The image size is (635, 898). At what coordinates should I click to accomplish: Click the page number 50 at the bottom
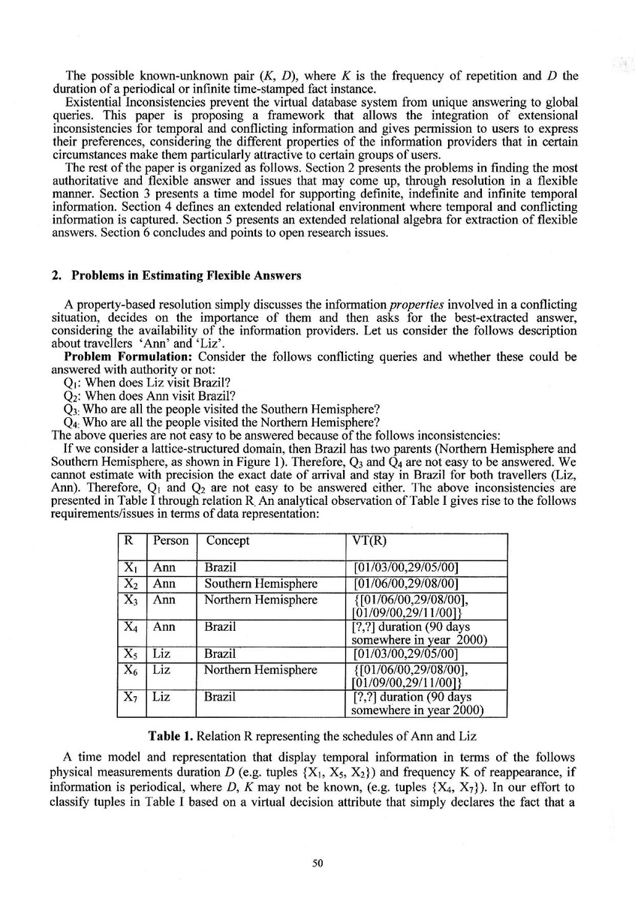[x=317, y=863]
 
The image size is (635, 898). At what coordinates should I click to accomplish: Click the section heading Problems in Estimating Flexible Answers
[x=186, y=275]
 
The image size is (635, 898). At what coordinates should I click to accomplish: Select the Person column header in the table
[x=170, y=541]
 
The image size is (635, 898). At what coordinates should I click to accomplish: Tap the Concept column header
[x=227, y=541]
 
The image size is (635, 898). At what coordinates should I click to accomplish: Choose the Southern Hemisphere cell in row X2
[x=261, y=583]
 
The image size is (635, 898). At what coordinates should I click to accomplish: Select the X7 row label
[x=131, y=697]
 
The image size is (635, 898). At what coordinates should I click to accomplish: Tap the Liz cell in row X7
[x=161, y=697]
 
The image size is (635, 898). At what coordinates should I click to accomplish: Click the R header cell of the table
[x=129, y=541]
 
